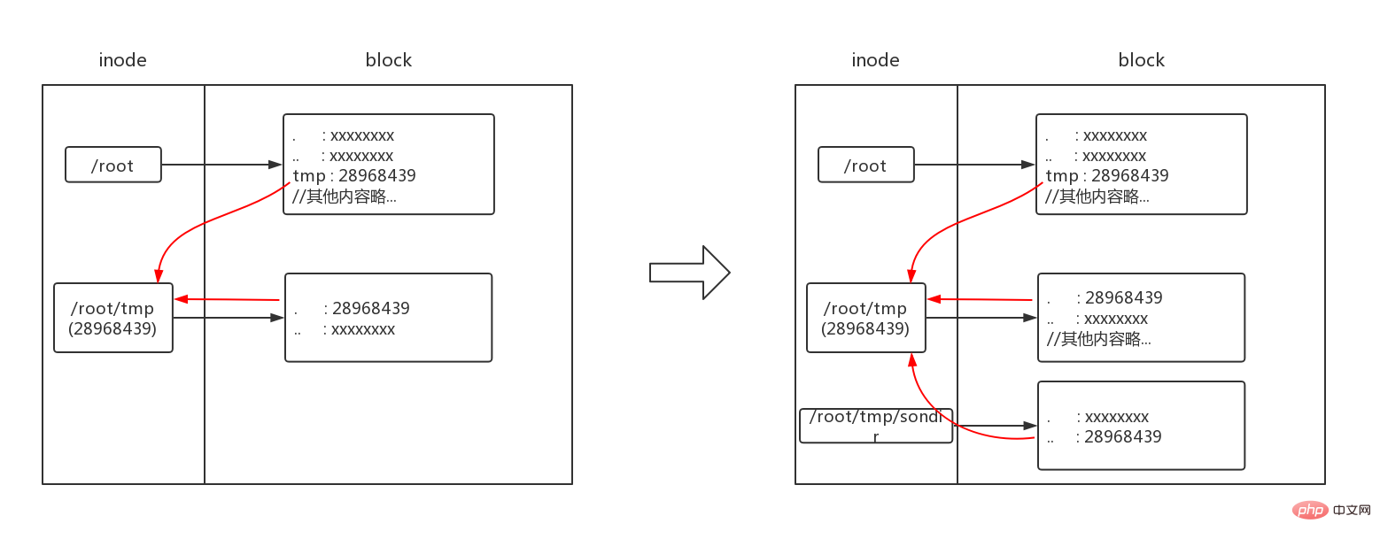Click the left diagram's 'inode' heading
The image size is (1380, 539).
tap(122, 59)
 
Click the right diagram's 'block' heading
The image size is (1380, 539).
tap(1141, 59)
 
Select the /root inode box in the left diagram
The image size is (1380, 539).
tap(113, 165)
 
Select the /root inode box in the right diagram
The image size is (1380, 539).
tap(866, 165)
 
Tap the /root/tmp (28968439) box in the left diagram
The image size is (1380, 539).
tap(113, 318)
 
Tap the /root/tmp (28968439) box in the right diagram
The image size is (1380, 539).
tap(866, 318)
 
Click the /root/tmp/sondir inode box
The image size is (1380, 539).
tap(876, 425)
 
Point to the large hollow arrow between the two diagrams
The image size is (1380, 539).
tap(689, 273)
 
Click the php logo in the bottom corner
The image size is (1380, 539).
tap(1310, 510)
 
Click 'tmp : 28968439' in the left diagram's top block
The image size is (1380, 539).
tap(354, 176)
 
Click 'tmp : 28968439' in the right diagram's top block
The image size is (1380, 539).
tap(1107, 176)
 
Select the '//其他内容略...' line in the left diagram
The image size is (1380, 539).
tap(345, 196)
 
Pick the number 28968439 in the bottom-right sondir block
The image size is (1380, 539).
tap(1122, 437)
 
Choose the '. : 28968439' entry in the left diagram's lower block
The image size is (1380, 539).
tap(352, 308)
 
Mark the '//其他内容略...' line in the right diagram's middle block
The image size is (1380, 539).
tap(1098, 339)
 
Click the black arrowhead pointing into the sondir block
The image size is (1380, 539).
tap(1030, 425)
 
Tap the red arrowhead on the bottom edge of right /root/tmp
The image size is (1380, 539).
tap(912, 360)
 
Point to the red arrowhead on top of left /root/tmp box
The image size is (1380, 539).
tap(159, 275)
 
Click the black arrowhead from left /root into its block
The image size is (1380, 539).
tap(275, 165)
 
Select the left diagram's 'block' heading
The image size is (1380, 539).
tap(388, 59)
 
